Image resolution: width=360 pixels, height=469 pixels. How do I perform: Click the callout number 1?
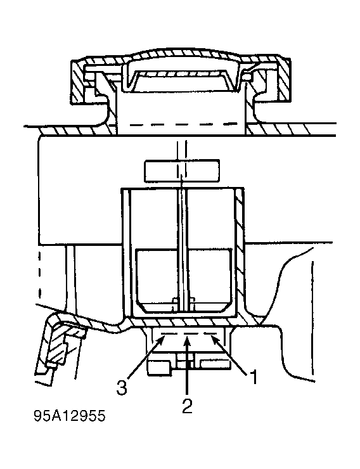point(254,377)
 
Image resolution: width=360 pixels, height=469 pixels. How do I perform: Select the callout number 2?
point(187,406)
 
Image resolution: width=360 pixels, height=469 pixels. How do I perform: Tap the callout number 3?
point(122,388)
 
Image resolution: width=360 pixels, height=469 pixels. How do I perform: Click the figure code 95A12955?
point(70,416)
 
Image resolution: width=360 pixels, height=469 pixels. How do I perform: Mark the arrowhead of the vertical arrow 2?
point(187,340)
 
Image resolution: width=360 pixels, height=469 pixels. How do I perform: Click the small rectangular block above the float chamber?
point(182,170)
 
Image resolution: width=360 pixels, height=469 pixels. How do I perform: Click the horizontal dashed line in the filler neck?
point(182,124)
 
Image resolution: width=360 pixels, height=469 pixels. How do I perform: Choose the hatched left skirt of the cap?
point(79,84)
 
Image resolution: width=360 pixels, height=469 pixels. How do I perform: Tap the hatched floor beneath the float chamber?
point(185,322)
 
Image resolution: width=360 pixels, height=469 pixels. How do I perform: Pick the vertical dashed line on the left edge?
point(39,274)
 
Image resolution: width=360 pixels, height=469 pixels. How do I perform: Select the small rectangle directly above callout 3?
point(160,368)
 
